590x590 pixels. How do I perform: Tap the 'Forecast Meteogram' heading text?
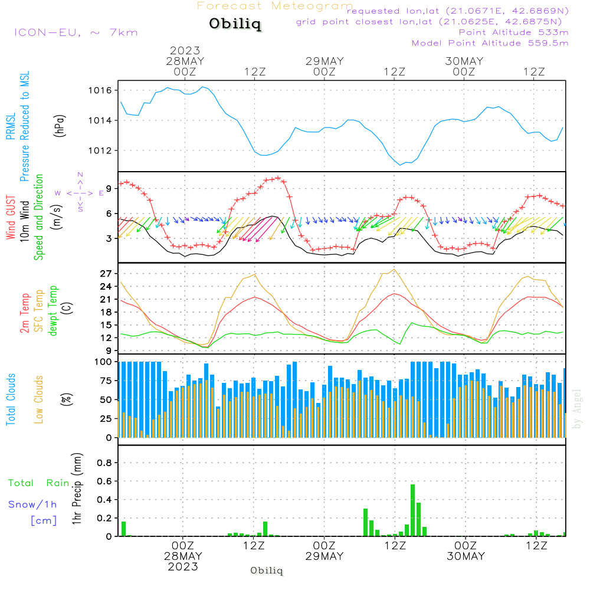click(x=275, y=6)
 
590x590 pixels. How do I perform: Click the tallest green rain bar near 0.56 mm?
click(x=412, y=510)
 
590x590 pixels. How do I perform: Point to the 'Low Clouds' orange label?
click(x=39, y=399)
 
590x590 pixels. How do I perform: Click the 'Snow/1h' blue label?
click(x=33, y=504)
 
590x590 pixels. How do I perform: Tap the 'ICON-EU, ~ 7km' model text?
click(x=76, y=32)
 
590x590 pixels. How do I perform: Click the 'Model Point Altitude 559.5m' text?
click(x=490, y=43)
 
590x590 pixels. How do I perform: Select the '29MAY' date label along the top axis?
click(x=324, y=61)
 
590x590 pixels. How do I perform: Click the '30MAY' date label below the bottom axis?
click(x=466, y=556)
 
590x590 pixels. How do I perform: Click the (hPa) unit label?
click(x=61, y=124)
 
